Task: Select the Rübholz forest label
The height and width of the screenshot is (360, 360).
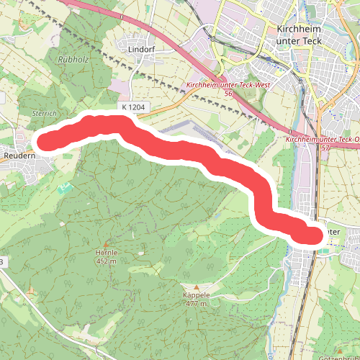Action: (x=73, y=60)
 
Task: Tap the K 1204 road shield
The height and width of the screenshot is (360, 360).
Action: (x=134, y=107)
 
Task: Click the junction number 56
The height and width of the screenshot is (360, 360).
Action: (x=228, y=93)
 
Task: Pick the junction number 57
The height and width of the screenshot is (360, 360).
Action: (x=326, y=147)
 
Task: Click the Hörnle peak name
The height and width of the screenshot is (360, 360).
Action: (x=106, y=253)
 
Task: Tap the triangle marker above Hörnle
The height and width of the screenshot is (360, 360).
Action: (x=107, y=244)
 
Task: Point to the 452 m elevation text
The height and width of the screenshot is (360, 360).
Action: (x=106, y=261)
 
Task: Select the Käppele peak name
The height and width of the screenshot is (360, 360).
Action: (x=196, y=295)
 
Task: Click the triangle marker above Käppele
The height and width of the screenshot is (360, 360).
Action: (x=195, y=287)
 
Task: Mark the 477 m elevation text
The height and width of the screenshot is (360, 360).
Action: (x=196, y=304)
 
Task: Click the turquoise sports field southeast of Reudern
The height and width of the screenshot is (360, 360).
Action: (x=65, y=189)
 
